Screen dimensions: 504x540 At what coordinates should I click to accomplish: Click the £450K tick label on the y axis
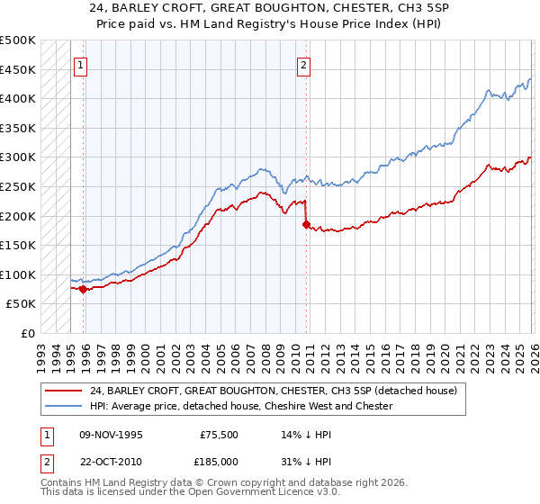(18, 69)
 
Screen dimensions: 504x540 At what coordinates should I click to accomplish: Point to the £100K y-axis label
(18, 274)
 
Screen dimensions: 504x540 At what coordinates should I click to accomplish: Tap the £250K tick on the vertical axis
(18, 186)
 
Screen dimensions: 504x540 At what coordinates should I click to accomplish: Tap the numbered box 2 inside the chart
(304, 65)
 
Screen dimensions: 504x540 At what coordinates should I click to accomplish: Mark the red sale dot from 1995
(83, 289)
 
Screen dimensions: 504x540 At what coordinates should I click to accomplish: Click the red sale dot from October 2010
(306, 225)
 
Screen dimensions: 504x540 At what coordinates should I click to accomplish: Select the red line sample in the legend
(64, 391)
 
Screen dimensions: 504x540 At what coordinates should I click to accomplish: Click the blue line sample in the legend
(64, 406)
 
